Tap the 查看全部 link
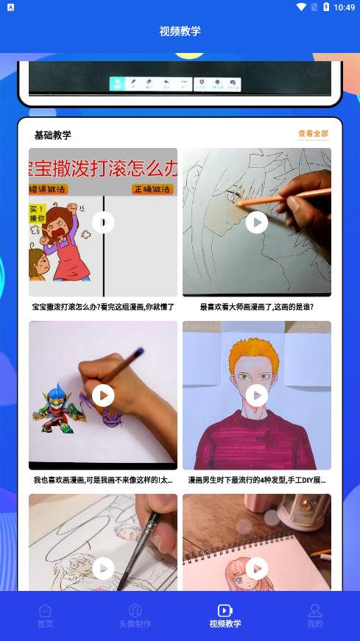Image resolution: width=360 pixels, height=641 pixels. coord(313,134)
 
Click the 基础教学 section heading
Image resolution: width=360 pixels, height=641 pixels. coord(53,135)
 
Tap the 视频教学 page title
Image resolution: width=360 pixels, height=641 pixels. coord(180,31)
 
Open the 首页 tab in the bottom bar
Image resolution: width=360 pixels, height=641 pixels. coord(45,616)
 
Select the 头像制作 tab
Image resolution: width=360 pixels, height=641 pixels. coord(135,616)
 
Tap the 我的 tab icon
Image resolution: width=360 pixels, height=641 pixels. coord(315,610)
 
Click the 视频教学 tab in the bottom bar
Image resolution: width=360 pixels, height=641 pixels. coord(225,616)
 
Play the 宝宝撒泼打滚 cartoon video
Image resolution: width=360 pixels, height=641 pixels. coord(103,222)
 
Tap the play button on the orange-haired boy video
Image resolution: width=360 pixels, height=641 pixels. coord(257,395)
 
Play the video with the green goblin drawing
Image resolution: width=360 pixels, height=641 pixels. coord(103,395)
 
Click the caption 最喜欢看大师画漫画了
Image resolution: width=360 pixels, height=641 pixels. coord(256,307)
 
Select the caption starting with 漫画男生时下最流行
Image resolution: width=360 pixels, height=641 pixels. coord(256,480)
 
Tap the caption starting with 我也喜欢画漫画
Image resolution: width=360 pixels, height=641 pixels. coord(103,480)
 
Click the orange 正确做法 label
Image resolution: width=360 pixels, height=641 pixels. coord(152,189)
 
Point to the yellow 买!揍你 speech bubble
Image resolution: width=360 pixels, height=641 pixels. coord(38,214)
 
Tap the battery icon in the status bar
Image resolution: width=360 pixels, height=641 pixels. coord(327,7)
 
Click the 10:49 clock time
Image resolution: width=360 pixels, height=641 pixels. coord(344,7)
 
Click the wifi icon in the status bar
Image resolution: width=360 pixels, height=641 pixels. coord(301,7)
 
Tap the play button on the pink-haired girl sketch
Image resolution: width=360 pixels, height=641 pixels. coord(257,568)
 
